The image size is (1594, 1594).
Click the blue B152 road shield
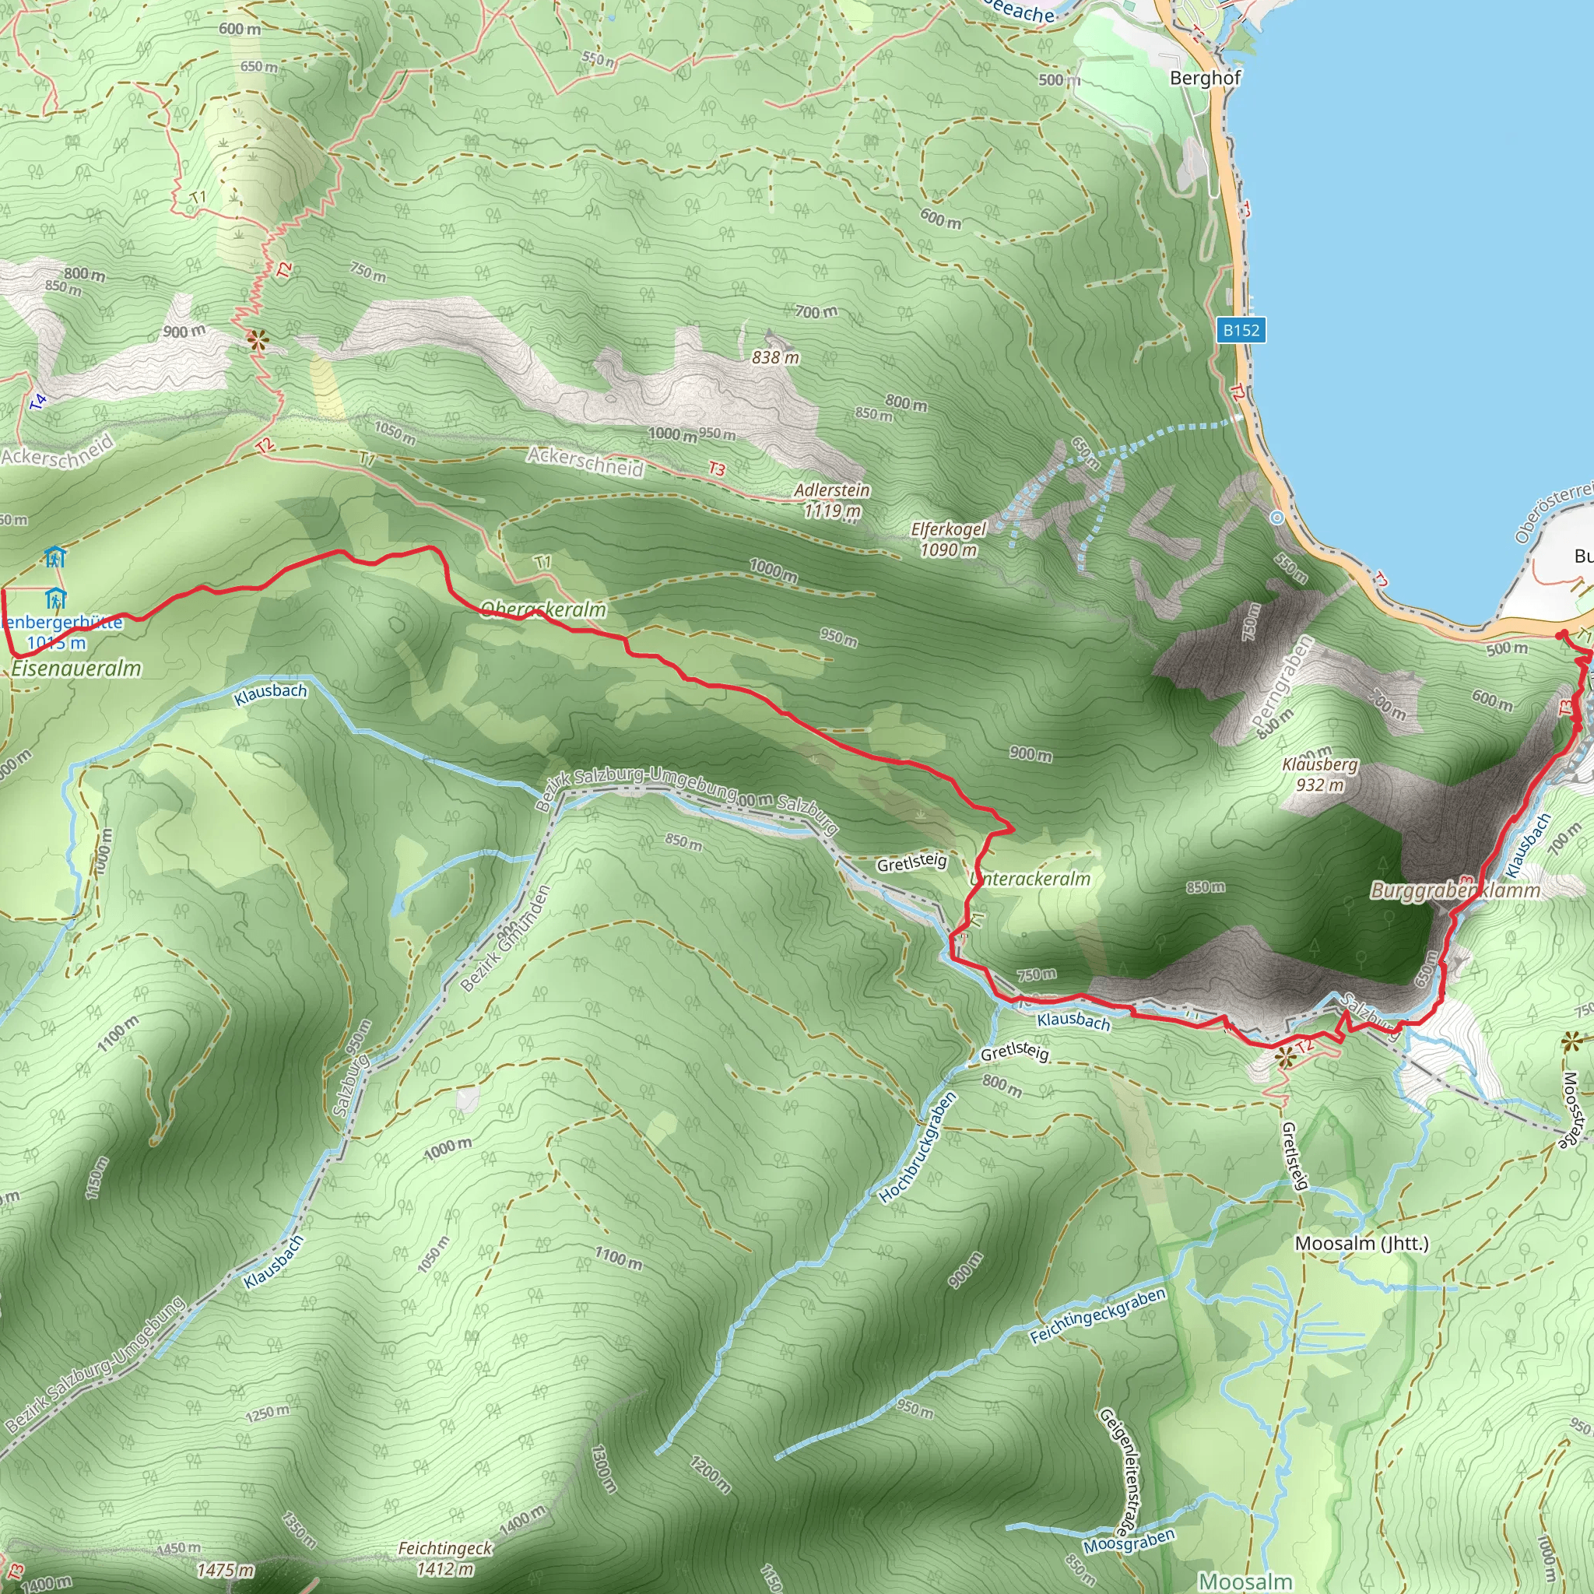1241,331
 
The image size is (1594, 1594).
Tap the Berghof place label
1205,79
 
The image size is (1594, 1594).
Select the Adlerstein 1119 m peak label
832,500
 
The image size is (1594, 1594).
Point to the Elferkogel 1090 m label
948,539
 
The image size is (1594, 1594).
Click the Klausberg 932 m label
1319,774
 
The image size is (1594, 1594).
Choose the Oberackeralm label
543,609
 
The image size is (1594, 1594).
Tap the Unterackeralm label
1031,880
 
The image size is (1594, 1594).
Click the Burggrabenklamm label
1455,891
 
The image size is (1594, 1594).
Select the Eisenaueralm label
76,669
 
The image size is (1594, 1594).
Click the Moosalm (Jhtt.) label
1361,1243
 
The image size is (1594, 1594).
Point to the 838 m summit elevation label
775,358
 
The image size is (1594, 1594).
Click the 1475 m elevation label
225,1570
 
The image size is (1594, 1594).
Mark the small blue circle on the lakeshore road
1277,518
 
